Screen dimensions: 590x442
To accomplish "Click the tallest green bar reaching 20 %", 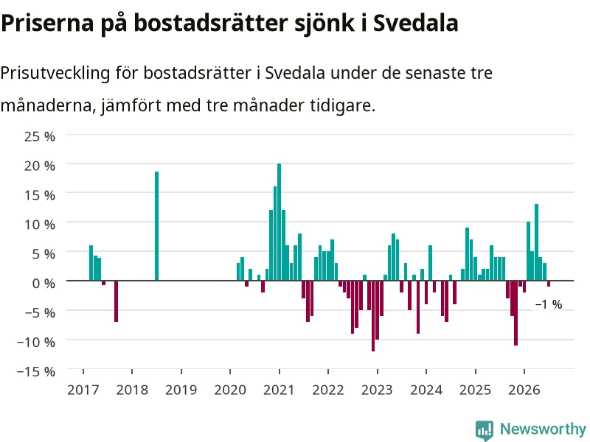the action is (x=280, y=222).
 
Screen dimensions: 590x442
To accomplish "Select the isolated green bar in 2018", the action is (x=156, y=226).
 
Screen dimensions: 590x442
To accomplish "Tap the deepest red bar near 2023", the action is (x=373, y=316).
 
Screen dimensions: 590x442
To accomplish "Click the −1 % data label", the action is (x=549, y=304).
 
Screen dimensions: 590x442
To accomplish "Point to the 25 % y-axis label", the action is (x=40, y=136).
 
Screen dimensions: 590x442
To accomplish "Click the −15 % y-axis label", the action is (x=36, y=372).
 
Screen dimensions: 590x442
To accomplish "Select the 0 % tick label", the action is (x=44, y=284).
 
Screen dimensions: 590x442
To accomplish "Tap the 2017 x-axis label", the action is (x=83, y=390).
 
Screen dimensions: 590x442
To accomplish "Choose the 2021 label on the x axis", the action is (x=280, y=390).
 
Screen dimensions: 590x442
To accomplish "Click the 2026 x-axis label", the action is (x=524, y=390).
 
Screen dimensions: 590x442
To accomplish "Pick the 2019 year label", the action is (x=181, y=390).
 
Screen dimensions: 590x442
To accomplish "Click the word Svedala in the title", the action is (x=415, y=23).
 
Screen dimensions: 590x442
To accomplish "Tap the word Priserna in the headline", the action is (x=47, y=23).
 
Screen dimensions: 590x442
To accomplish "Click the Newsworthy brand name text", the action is (x=543, y=429).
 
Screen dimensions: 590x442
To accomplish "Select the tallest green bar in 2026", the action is (x=537, y=242).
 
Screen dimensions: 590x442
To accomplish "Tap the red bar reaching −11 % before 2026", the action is (x=516, y=313).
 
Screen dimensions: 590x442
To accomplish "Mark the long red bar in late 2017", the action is (x=117, y=301).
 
